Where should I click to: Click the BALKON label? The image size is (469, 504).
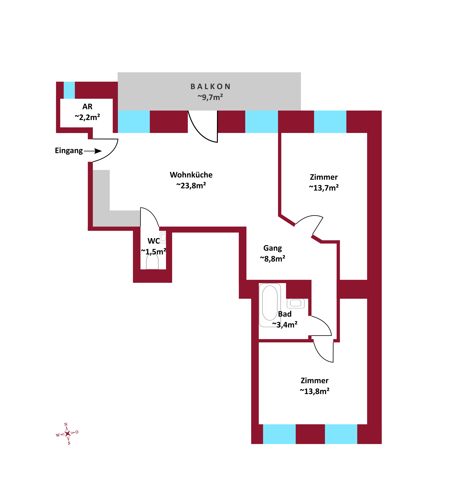[210, 87]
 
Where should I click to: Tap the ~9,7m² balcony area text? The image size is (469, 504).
[210, 97]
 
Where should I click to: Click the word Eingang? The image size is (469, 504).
[69, 151]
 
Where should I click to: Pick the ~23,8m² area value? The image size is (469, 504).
[191, 186]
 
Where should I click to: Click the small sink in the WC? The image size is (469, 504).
[163, 237]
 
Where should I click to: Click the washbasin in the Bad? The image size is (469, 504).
[296, 303]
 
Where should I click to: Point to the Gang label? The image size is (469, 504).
[272, 248]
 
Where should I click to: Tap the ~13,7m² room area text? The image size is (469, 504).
[324, 188]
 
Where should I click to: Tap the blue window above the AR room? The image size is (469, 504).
[69, 90]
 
